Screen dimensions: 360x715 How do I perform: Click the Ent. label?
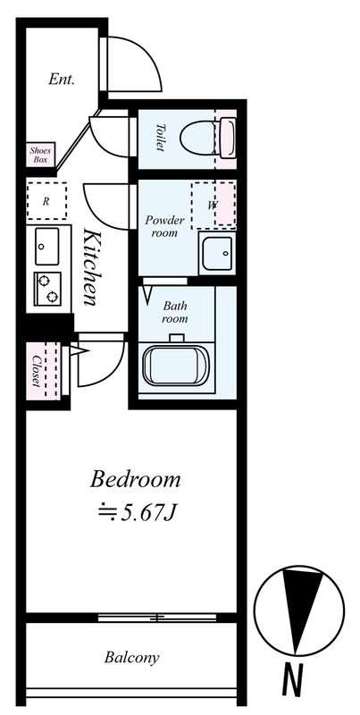point(62,80)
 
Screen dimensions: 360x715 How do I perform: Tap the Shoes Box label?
point(40,155)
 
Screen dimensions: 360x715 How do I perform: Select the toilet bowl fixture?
point(208,139)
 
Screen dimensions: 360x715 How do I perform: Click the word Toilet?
point(161,138)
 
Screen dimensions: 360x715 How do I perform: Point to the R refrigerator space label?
point(46,202)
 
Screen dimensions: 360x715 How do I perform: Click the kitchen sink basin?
point(47,247)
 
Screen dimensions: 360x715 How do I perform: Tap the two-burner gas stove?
point(47,289)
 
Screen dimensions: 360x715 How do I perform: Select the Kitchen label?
point(91,266)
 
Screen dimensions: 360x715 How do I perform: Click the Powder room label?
point(165,226)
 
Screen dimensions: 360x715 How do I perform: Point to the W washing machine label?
point(213,206)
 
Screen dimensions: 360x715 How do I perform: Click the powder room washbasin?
point(217,253)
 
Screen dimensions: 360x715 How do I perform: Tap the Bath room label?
point(175,312)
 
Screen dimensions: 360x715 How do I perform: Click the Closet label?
point(36,371)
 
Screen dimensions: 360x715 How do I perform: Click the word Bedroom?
point(135,480)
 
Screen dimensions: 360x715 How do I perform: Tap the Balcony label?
point(131,658)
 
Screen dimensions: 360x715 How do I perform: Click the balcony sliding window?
point(157,618)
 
